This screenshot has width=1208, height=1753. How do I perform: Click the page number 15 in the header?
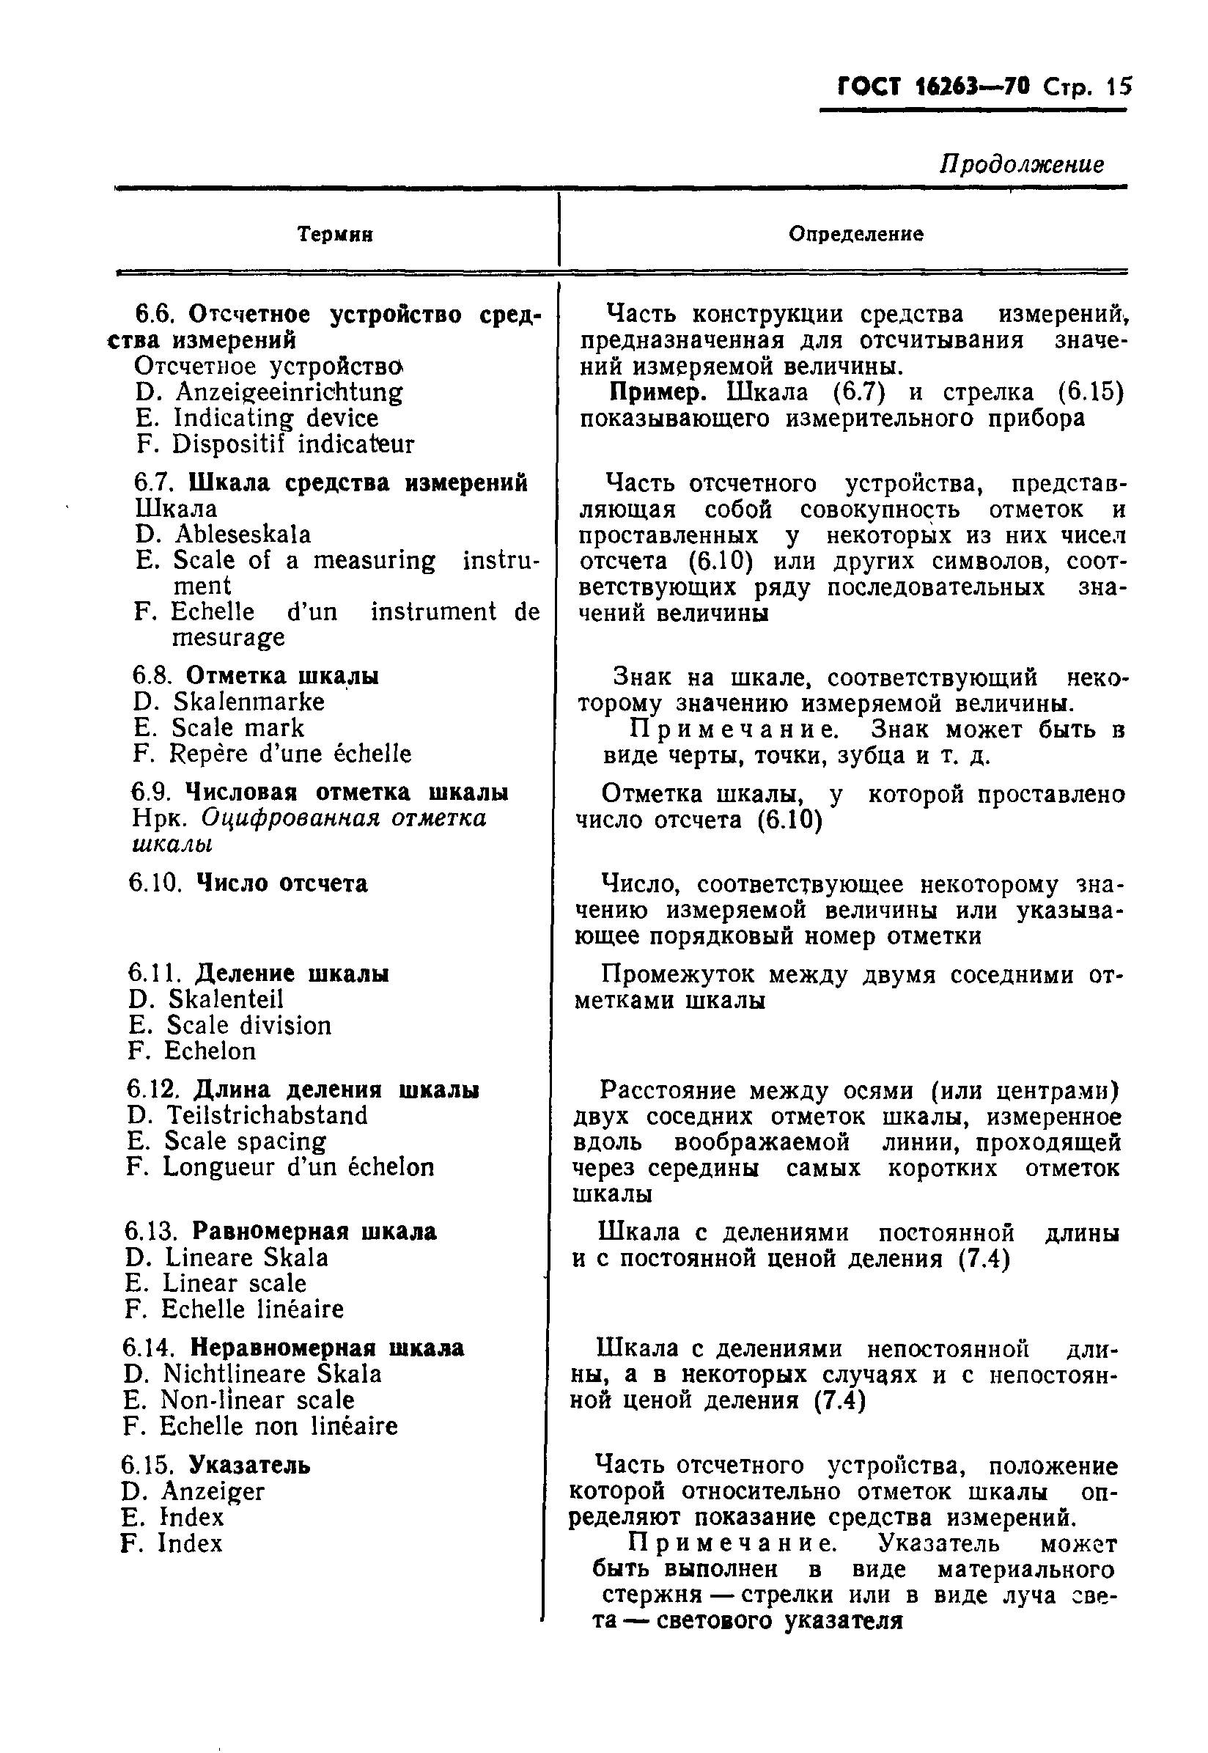coord(1117,88)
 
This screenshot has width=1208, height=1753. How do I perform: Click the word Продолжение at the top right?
coord(1021,164)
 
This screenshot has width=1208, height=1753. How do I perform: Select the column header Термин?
coord(334,235)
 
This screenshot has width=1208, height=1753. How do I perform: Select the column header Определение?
coord(855,234)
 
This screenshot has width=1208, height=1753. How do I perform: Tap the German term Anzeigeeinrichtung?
coord(288,392)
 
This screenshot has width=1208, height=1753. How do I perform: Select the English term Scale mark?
coord(237,728)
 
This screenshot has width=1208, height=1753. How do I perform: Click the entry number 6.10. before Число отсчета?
coord(155,883)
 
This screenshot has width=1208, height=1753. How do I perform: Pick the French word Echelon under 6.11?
coord(210,1051)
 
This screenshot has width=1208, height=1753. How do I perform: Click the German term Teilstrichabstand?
coord(266,1116)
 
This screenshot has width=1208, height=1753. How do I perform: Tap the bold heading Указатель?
coord(249,1466)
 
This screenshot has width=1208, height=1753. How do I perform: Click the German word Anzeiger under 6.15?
coord(213,1492)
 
